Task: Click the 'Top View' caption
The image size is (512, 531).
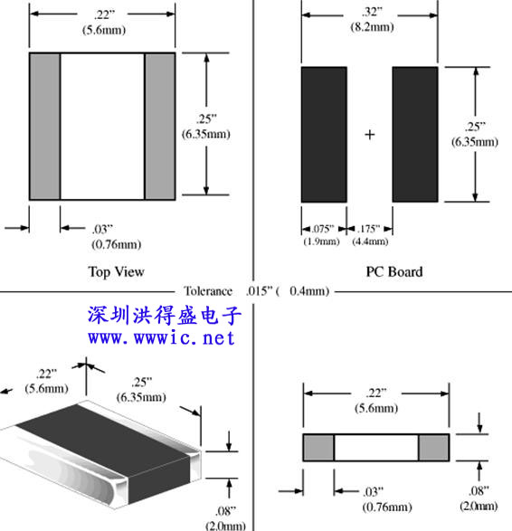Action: tap(116, 272)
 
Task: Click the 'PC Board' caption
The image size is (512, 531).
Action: tap(394, 272)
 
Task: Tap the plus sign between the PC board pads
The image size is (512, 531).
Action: tap(370, 135)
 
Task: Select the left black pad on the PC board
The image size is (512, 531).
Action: tap(324, 135)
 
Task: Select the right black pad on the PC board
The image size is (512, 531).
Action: tap(415, 135)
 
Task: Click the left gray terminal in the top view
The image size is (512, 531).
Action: tap(45, 127)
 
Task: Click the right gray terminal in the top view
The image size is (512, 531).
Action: tap(160, 127)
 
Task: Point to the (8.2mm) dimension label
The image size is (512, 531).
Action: tap(372, 27)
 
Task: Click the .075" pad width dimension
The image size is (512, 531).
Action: tap(323, 229)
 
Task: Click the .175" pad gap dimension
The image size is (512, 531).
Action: tap(369, 229)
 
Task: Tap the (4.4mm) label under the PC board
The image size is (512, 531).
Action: tap(370, 242)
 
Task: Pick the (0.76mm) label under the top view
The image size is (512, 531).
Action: tap(116, 244)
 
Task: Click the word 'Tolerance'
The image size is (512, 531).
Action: tap(208, 291)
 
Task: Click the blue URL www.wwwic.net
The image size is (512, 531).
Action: tap(161, 338)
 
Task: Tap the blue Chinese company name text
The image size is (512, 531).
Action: tap(165, 315)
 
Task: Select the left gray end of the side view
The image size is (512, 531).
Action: tap(318, 448)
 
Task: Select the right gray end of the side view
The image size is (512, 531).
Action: tap(434, 448)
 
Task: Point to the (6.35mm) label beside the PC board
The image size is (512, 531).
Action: tap(475, 141)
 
